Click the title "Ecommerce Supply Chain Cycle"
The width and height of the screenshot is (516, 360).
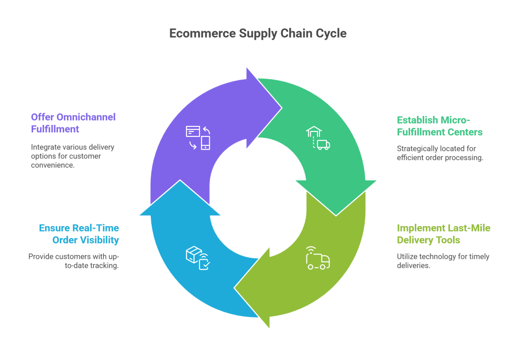point(257,33)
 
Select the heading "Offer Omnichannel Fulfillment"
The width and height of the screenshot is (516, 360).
point(73,123)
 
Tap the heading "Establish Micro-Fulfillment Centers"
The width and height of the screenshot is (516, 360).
point(439,126)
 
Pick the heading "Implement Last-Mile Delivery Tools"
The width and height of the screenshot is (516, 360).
point(443,234)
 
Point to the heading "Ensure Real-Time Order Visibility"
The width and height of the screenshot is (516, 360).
point(79,234)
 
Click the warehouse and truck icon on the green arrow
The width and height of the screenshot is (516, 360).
point(317,138)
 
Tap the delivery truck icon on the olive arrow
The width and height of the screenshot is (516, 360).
point(317,258)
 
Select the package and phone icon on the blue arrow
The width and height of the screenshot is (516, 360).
point(198,257)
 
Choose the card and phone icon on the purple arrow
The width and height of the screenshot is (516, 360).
point(198,137)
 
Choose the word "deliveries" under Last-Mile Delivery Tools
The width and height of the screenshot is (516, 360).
point(414,265)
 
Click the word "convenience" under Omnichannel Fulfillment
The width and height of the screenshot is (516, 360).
point(52,165)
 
